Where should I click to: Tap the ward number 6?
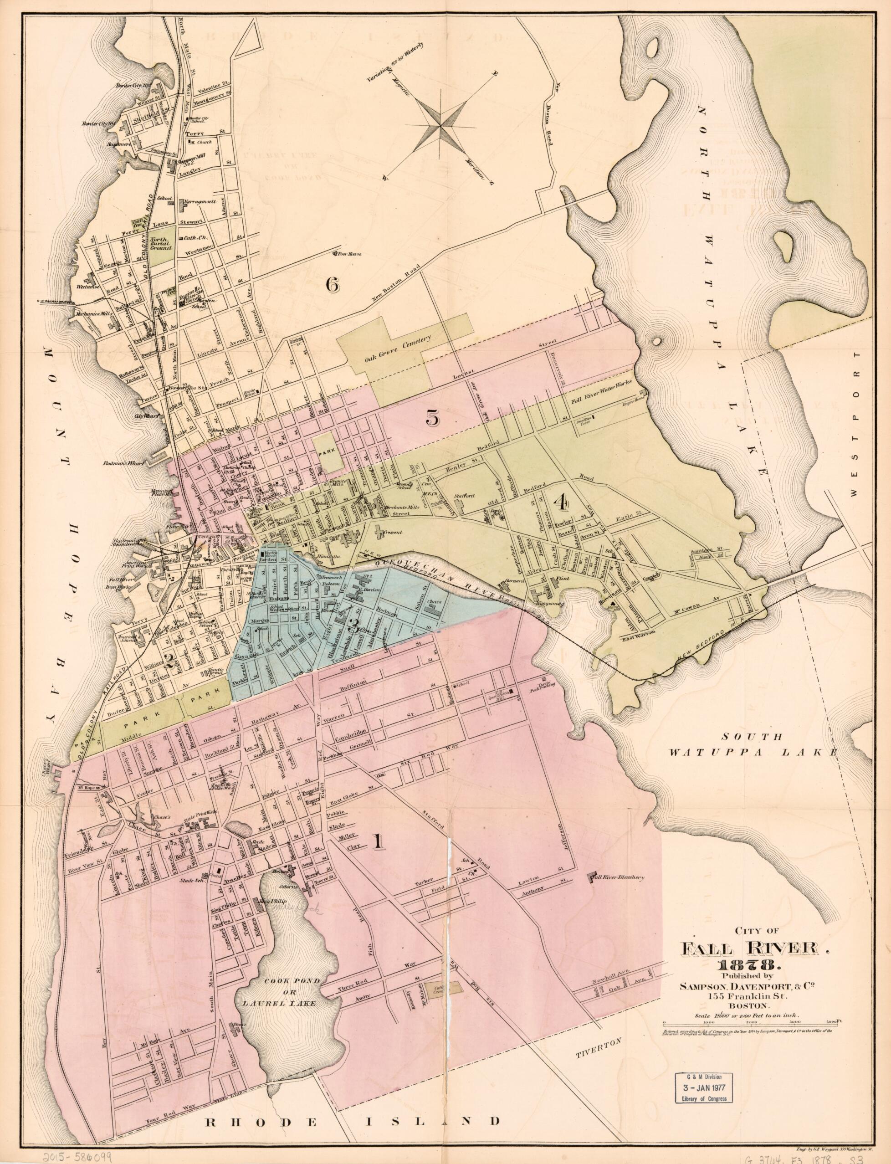332,285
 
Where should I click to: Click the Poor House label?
348,254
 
